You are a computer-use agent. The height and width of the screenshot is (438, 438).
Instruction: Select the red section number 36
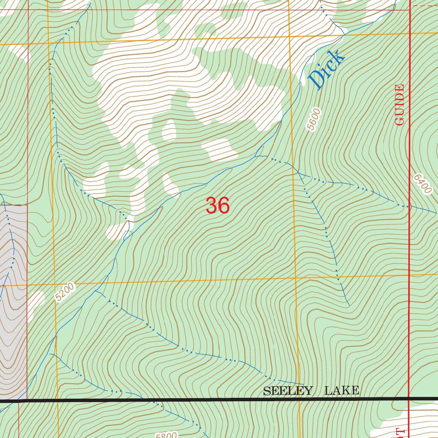(218, 206)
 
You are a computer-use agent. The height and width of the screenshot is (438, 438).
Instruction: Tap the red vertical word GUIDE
(400, 105)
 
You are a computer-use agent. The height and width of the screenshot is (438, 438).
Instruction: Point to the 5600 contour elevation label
(313, 119)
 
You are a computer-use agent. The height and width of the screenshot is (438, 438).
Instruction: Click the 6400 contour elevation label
(423, 184)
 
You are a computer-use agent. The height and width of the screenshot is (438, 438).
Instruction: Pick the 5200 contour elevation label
(65, 292)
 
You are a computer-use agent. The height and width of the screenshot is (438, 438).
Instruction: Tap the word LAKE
(341, 391)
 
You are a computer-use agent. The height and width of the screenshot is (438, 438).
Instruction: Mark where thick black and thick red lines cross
(409, 399)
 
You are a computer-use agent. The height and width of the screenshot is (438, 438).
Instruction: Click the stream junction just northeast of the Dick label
(345, 35)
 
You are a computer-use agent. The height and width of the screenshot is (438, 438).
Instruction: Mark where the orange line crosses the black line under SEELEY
(299, 400)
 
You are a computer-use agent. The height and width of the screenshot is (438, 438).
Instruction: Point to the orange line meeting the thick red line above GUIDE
(410, 33)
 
